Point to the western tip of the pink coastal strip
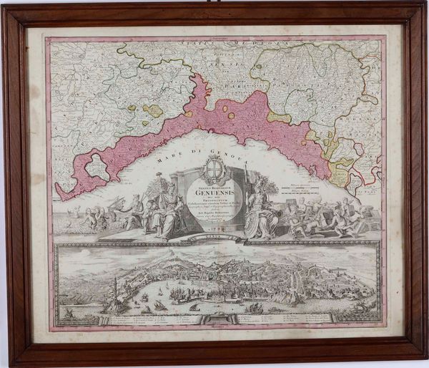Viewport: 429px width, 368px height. (61, 193)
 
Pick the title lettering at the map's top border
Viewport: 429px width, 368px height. (214, 40)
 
